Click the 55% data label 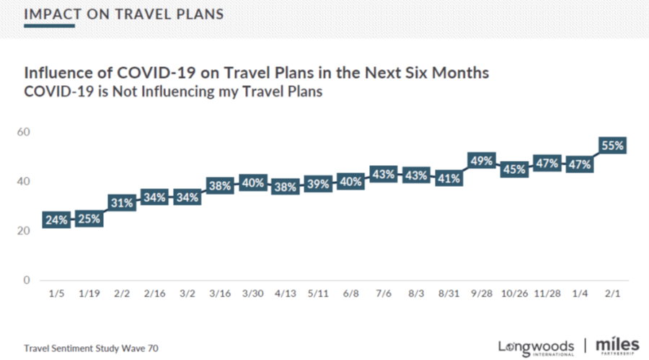(612, 145)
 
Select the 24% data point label (56, 221)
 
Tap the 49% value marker (481, 159)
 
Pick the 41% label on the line (448, 179)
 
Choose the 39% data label (317, 184)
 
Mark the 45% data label (513, 170)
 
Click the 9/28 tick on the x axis (481, 295)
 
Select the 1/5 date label (56, 295)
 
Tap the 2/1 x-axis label (612, 295)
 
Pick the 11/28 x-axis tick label (547, 295)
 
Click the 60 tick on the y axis (24, 132)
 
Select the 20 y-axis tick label (24, 231)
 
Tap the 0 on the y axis (27, 280)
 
